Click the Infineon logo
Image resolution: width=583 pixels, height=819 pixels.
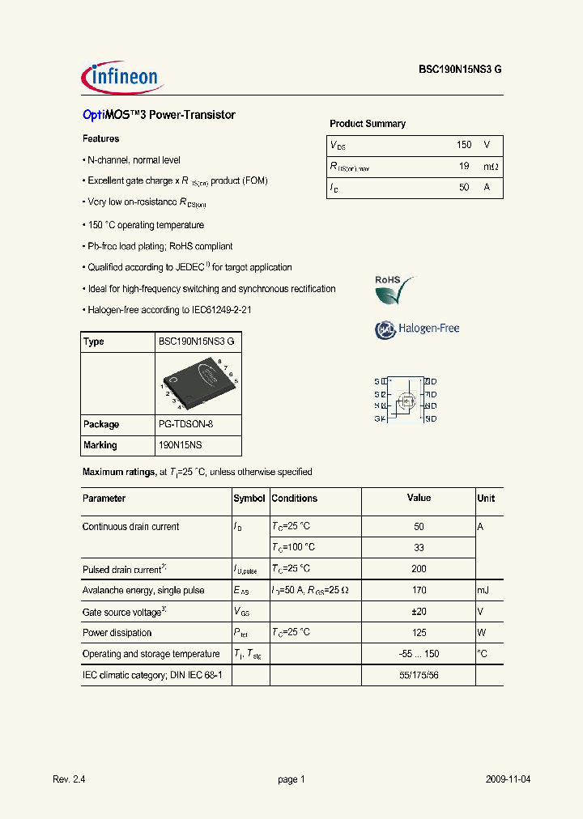[x=122, y=77]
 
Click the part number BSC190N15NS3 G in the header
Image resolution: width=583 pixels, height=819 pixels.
[x=460, y=70]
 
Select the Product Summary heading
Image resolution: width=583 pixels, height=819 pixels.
[x=368, y=124]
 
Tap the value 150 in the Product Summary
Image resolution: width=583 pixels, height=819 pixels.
[x=463, y=145]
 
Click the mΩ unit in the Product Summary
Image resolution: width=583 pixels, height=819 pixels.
[x=491, y=166]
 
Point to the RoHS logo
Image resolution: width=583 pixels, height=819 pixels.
[x=394, y=290]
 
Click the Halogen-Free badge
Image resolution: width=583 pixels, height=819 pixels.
[x=417, y=329]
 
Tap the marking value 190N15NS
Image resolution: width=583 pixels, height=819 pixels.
[x=180, y=445]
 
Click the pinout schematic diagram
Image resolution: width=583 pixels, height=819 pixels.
[x=406, y=400]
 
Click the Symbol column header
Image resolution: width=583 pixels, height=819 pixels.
[x=249, y=499]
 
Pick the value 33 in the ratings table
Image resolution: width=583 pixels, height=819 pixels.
[x=419, y=548]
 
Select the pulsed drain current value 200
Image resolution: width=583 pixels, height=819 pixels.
[x=419, y=569]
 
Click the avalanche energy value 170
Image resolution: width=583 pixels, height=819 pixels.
[x=419, y=591]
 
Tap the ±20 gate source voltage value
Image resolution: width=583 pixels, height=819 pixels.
[x=419, y=612]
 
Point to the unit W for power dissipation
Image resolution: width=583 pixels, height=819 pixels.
[x=481, y=633]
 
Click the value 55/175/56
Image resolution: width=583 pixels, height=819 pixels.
[x=419, y=674]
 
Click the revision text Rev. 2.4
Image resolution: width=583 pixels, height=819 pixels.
[x=69, y=779]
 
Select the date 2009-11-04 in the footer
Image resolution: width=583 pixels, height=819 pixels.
[x=508, y=779]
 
